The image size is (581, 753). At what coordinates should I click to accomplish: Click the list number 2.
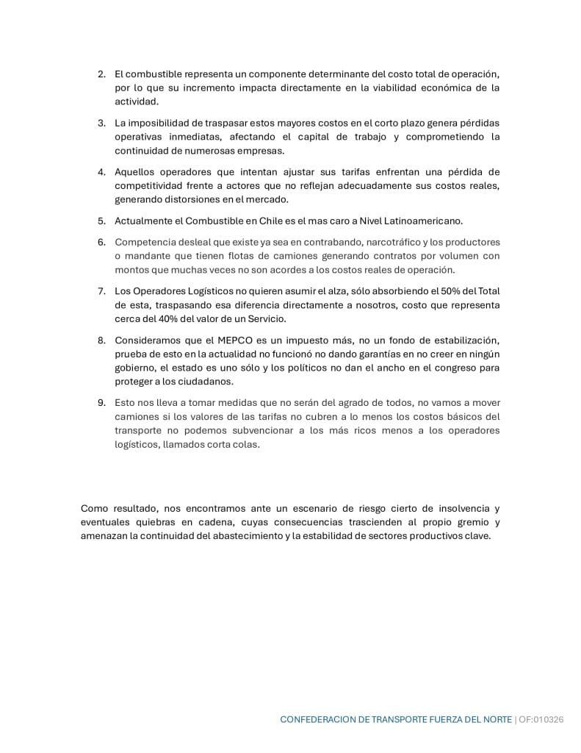101,74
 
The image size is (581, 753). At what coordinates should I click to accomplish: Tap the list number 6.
101,242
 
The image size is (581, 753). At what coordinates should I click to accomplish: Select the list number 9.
101,402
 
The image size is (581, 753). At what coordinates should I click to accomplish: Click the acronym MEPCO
236,340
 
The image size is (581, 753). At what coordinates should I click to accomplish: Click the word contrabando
292,242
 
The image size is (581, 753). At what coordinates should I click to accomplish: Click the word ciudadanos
209,382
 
